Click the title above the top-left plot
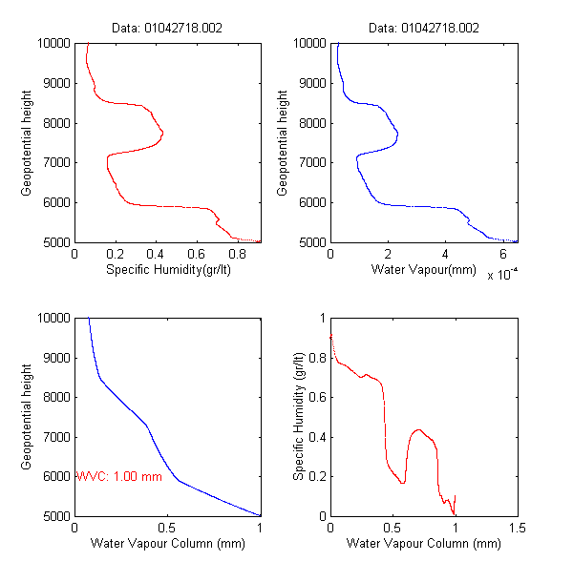click(x=168, y=29)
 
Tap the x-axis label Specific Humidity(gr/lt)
click(x=168, y=271)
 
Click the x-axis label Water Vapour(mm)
click(x=423, y=271)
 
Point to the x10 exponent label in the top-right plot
click(x=502, y=275)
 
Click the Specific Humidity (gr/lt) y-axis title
click(x=298, y=416)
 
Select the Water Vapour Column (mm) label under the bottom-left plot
click(x=168, y=545)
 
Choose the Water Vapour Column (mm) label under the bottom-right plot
click(x=423, y=545)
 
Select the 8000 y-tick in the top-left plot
click(x=54, y=123)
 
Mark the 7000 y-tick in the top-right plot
click(x=309, y=163)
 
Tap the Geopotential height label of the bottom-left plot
click(x=28, y=416)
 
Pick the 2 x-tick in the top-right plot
click(x=388, y=256)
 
